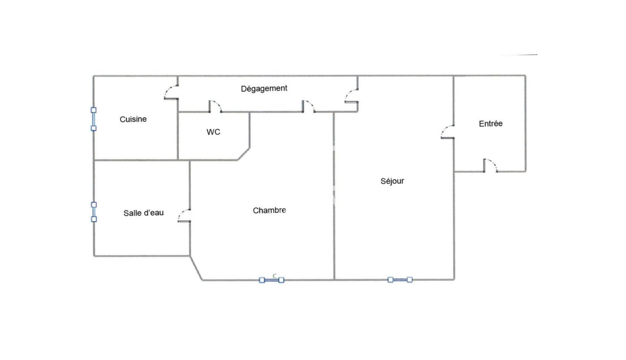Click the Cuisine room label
133,119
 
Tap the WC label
213,132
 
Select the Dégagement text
264,88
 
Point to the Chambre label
270,210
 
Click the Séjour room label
392,181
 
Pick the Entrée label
490,123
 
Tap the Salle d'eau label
143,213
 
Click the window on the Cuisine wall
93,119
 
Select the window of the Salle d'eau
94,212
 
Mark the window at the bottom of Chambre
272,280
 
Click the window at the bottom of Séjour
400,280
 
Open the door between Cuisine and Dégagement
171,92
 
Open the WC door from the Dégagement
216,106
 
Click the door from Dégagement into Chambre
309,106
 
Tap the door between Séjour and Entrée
447,132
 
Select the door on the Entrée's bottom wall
490,165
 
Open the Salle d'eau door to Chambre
184,216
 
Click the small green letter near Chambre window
274,276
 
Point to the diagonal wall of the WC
243,154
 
